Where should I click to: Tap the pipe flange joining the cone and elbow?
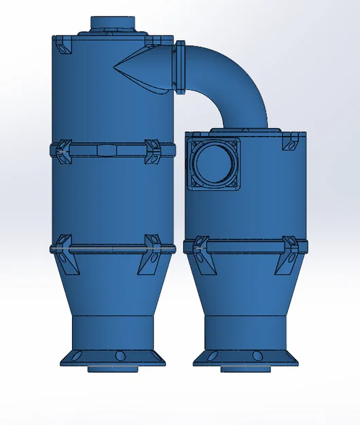(x=181, y=68)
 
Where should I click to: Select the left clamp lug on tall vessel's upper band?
(x=64, y=151)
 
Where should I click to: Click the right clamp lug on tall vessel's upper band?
(x=153, y=152)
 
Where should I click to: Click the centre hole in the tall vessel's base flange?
(x=120, y=355)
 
